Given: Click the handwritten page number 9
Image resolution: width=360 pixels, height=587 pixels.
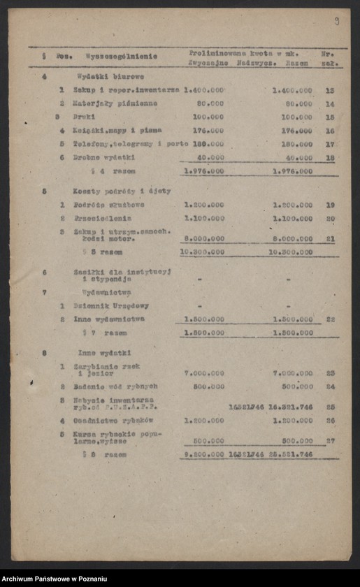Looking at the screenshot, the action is (x=336, y=21).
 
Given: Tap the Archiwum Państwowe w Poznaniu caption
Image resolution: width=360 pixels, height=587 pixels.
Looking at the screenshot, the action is (x=54, y=579).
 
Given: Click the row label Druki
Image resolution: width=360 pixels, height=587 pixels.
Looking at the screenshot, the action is (x=85, y=116).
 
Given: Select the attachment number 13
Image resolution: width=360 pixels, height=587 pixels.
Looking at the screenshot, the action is (x=330, y=90).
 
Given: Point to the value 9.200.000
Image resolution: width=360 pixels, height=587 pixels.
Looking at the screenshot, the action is (x=203, y=454).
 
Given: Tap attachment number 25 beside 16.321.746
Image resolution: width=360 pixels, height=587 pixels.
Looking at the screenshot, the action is (x=330, y=406).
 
